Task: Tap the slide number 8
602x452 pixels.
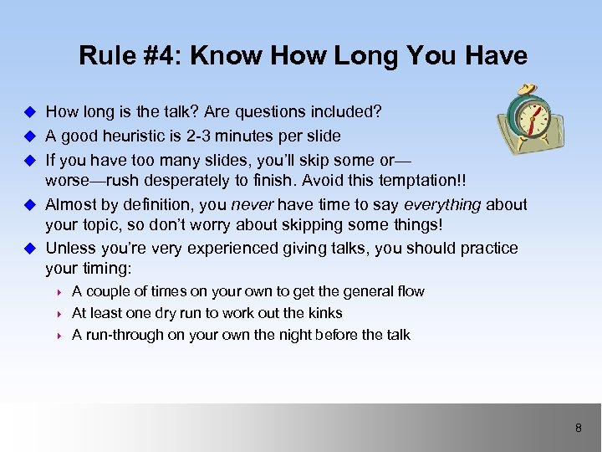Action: tap(578, 429)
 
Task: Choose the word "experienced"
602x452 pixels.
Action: tap(227, 249)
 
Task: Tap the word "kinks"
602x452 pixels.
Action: tap(324, 313)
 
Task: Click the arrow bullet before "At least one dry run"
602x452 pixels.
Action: tap(61, 313)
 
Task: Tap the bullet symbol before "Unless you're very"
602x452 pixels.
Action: tap(29, 249)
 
